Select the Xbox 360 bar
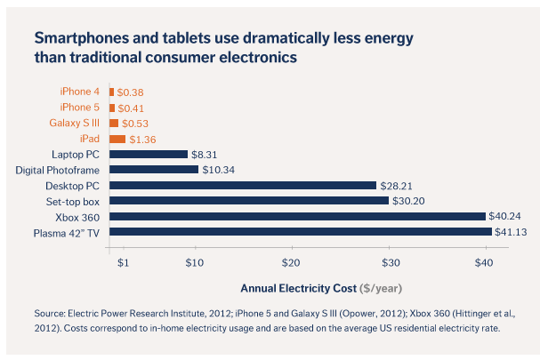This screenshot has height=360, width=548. [x=297, y=216]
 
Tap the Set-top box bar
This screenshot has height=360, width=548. [x=248, y=201]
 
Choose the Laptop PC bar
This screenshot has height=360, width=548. [x=148, y=154]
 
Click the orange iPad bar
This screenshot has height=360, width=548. [x=117, y=139]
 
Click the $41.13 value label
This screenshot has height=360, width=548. [x=512, y=232]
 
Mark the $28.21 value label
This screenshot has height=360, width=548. [x=398, y=186]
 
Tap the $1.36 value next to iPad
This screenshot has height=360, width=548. [x=143, y=139]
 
